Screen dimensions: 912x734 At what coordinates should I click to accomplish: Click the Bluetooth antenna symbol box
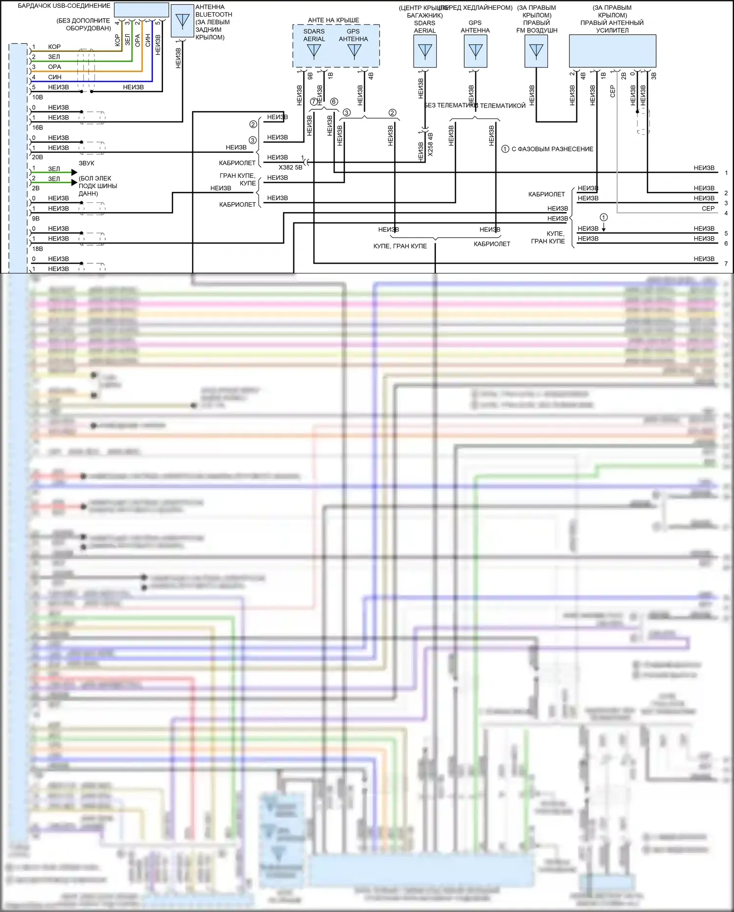[x=182, y=21]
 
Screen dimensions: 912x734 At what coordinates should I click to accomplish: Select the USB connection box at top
[x=141, y=10]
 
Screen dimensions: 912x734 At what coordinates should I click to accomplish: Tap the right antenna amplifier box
[x=612, y=51]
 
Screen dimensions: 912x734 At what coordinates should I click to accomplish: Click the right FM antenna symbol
[x=536, y=51]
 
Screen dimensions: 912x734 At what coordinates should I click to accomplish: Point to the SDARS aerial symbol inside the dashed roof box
[x=313, y=51]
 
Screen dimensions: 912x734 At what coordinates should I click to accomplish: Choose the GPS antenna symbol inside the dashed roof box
[x=354, y=51]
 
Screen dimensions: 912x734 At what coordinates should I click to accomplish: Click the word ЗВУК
[x=87, y=163]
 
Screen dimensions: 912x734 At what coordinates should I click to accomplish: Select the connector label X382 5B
[x=290, y=168]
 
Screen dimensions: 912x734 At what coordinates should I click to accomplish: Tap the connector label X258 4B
[x=430, y=144]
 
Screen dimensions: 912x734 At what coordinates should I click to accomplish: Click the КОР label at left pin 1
[x=54, y=47]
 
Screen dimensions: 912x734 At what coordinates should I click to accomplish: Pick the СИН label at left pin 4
[x=55, y=77]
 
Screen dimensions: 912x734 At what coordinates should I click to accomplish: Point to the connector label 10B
[x=38, y=97]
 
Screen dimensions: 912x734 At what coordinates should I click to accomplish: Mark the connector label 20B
[x=38, y=157]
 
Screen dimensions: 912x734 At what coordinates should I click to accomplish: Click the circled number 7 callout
[x=314, y=102]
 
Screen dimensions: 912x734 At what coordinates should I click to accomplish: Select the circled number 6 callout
[x=334, y=102]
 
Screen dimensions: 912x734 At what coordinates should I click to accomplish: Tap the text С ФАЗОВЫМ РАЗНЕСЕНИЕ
[x=552, y=149]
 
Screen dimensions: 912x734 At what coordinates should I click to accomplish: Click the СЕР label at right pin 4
[x=708, y=208]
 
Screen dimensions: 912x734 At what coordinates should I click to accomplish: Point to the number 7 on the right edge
[x=726, y=264]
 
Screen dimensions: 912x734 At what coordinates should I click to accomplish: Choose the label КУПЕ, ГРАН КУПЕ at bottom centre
[x=400, y=246]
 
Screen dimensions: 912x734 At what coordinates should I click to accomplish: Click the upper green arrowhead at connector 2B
[x=74, y=172]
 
